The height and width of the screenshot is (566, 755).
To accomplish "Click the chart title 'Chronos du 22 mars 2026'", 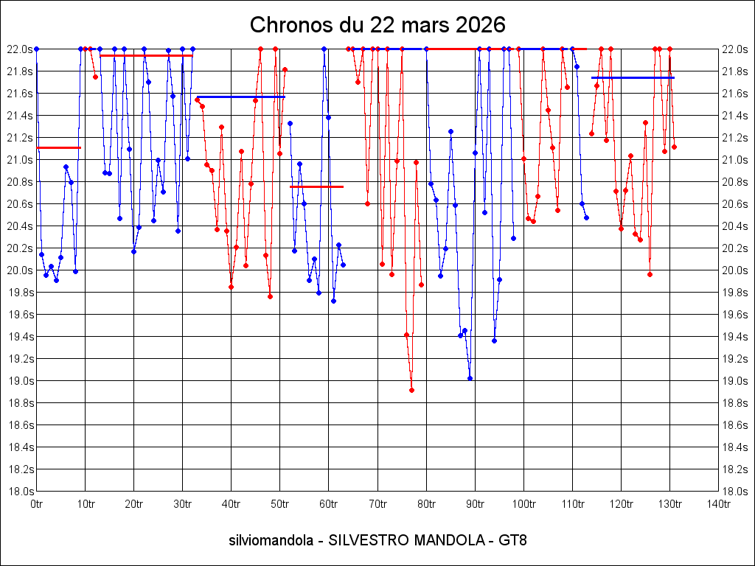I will (x=377, y=24).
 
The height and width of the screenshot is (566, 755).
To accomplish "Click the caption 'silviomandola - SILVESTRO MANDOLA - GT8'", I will (x=377, y=540).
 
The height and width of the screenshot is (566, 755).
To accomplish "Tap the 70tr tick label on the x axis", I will (x=377, y=504).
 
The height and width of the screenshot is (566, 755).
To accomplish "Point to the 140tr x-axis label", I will (x=718, y=504).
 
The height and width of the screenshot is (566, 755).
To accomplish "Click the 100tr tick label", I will (x=523, y=504).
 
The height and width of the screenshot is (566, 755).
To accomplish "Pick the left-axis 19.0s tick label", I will (x=19, y=381).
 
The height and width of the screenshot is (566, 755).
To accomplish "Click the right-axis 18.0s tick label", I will (x=736, y=492).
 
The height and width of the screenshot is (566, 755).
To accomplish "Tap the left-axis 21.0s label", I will (x=19, y=160).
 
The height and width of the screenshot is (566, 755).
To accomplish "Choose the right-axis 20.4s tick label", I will (x=736, y=226).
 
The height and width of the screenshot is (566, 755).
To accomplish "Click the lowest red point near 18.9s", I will (x=411, y=390).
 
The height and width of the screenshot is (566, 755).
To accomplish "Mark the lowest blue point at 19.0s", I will (x=470, y=378).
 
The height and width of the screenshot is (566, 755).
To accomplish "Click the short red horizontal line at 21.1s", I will (x=58, y=148).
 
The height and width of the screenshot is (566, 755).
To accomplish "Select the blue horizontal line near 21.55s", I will (x=240, y=97).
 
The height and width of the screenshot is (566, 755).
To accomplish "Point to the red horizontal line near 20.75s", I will (x=316, y=186).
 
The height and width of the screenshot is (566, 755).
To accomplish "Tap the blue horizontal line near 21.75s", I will (x=633, y=77).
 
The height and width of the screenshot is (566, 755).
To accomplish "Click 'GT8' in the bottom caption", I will (x=512, y=540).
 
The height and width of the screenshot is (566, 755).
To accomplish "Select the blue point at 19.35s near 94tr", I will (x=494, y=340).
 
